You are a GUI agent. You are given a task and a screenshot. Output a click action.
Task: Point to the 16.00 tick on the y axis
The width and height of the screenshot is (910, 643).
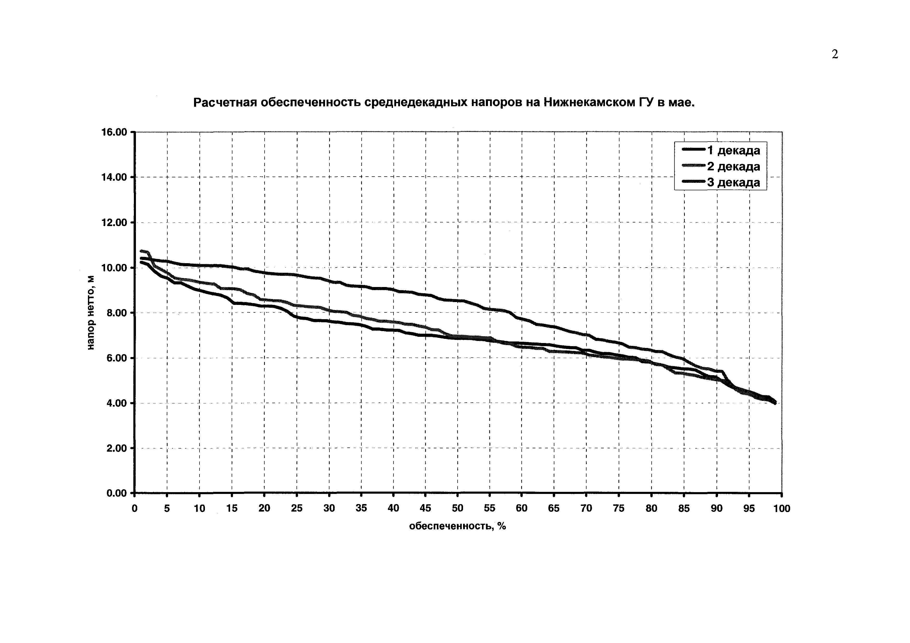pyautogui.click(x=114, y=132)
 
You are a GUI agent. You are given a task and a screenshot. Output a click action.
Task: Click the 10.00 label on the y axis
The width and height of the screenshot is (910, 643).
pyautogui.click(x=114, y=268)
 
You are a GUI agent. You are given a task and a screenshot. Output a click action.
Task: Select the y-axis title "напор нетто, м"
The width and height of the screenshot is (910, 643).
pyautogui.click(x=91, y=313)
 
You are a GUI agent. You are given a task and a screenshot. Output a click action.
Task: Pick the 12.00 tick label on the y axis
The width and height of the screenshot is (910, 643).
pyautogui.click(x=114, y=223)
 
